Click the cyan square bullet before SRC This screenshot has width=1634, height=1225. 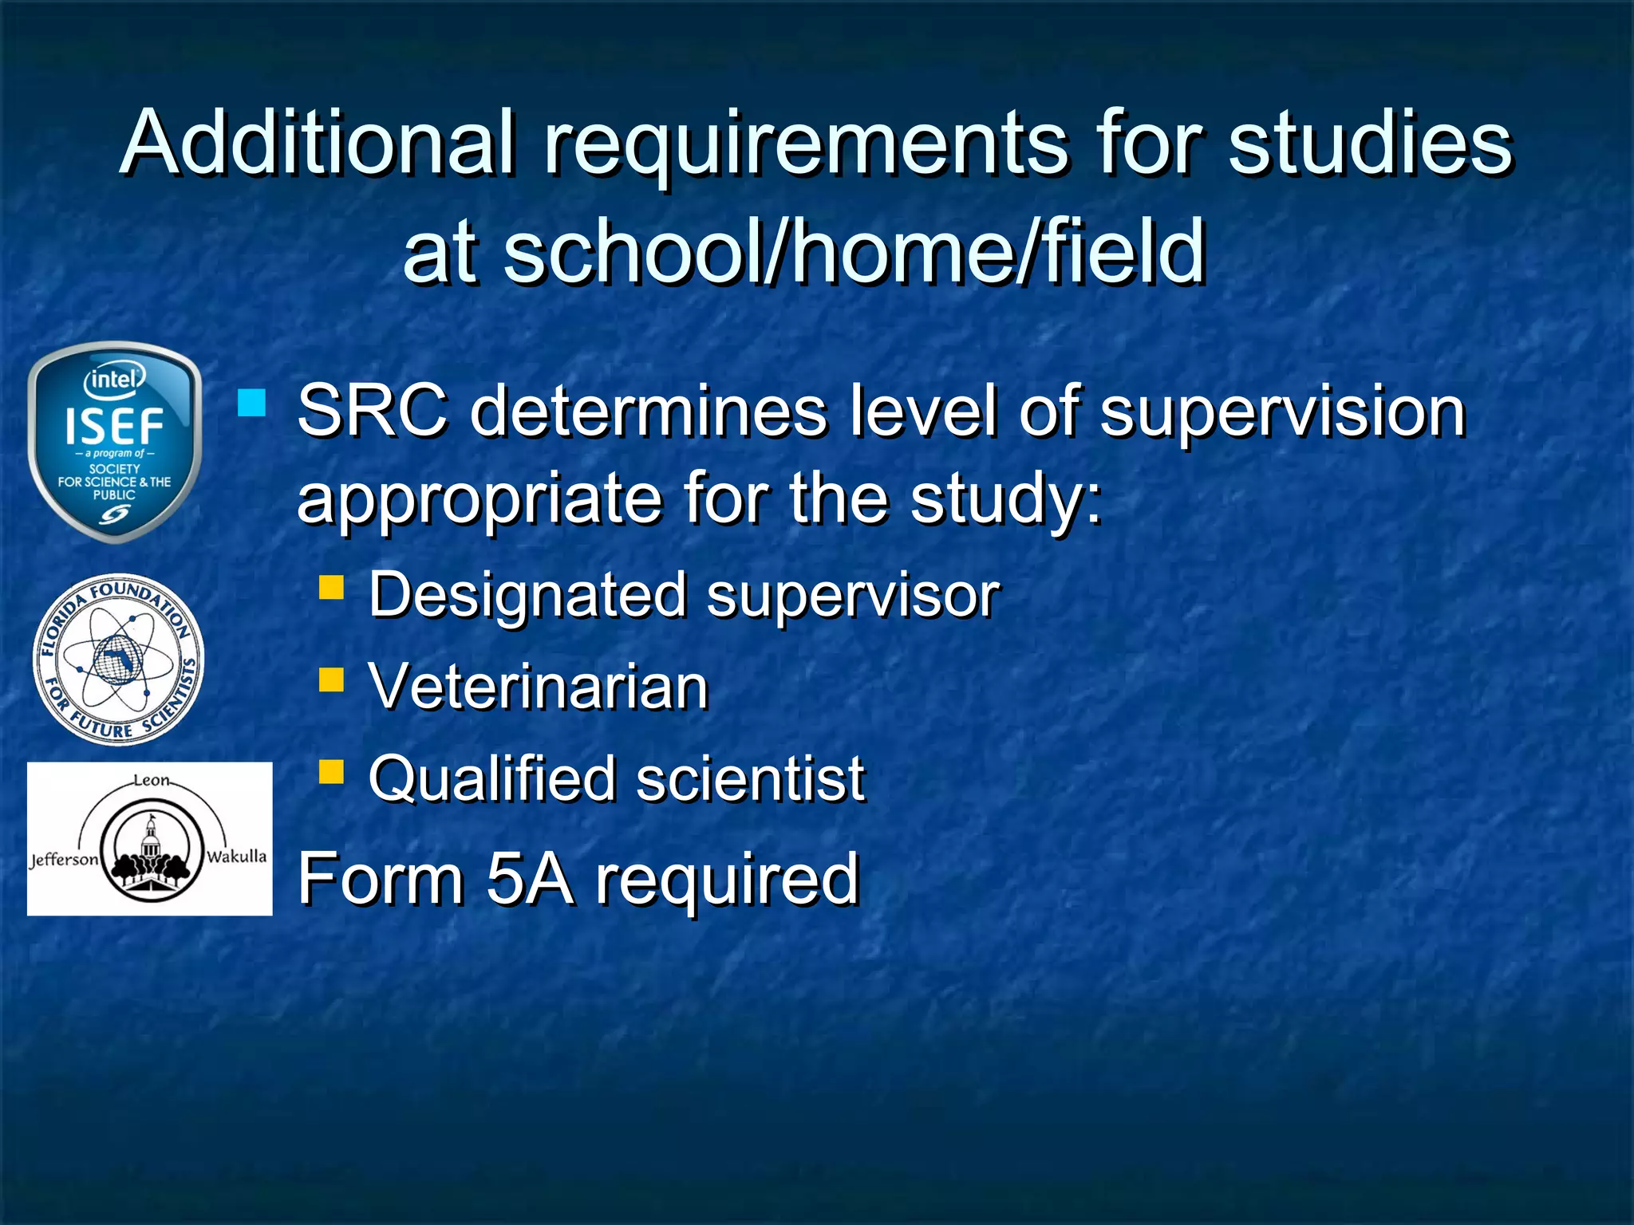pos(251,403)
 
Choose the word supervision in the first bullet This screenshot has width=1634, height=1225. pos(1283,413)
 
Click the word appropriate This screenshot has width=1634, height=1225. pos(480,501)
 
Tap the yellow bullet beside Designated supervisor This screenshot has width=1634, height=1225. pos(331,588)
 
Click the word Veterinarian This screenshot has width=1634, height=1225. pos(539,687)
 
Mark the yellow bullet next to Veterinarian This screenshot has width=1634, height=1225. pos(331,679)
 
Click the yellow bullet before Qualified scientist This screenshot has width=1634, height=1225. pos(331,771)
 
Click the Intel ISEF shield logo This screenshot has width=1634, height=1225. pos(114,442)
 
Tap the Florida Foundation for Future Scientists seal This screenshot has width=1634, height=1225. pos(118,660)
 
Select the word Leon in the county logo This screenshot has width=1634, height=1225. pos(151,780)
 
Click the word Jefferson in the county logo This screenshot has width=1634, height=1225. pos(64,860)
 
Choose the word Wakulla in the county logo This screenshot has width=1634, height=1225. pos(236,857)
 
